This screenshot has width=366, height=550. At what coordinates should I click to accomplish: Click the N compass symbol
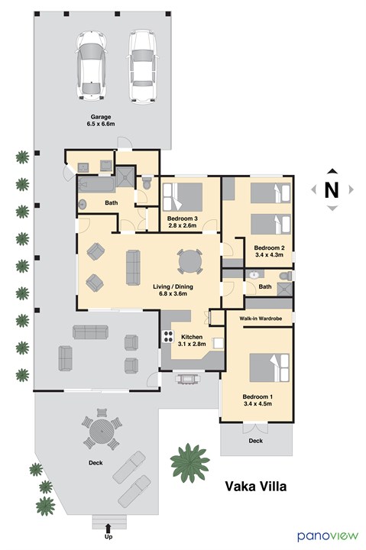[332, 190]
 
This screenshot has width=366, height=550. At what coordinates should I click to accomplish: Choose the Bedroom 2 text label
[269, 251]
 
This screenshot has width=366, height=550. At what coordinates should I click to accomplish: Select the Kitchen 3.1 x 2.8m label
[191, 341]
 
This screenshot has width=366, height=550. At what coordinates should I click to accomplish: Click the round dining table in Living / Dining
[190, 262]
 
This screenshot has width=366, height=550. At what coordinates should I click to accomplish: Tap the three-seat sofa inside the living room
[134, 267]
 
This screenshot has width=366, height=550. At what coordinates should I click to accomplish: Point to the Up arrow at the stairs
[109, 528]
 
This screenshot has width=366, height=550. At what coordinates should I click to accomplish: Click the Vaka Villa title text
[256, 487]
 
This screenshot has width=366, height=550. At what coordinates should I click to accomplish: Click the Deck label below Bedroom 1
[256, 441]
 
